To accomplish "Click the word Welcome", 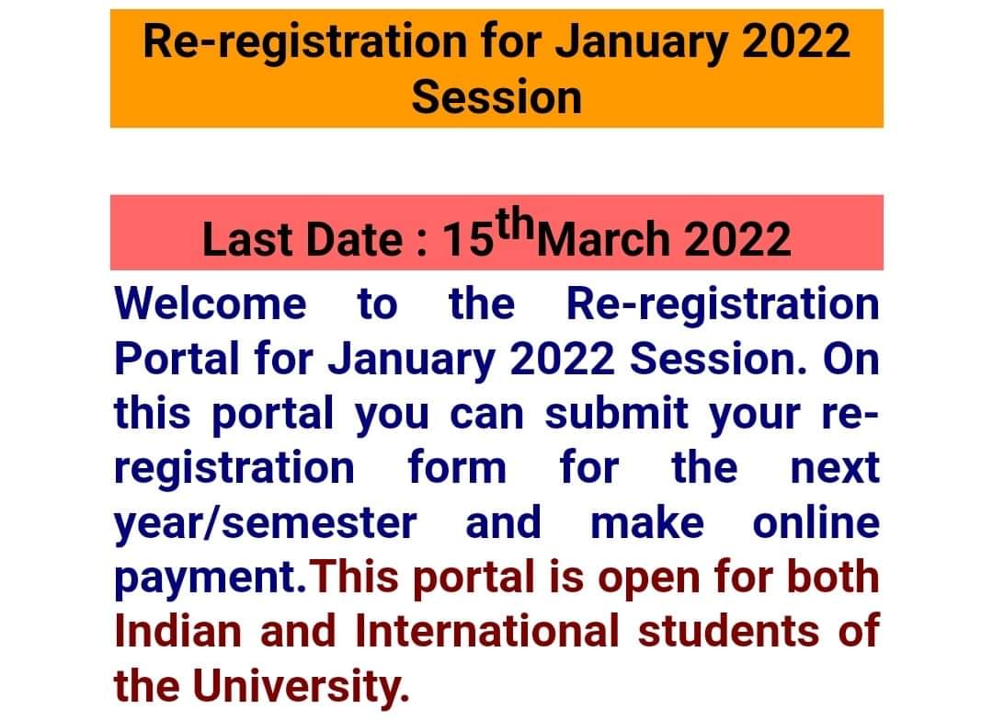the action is (x=211, y=303).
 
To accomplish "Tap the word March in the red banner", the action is (x=605, y=239).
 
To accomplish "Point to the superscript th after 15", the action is (x=515, y=223).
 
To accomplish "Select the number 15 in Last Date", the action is (x=468, y=239).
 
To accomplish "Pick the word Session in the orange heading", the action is (x=497, y=97).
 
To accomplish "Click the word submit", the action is (x=616, y=413).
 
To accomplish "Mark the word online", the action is (x=816, y=522).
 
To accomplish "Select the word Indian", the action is (x=178, y=632).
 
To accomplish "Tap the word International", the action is (x=486, y=632).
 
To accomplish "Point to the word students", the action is (x=728, y=632).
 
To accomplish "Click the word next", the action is (x=835, y=468).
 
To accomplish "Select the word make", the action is (x=647, y=522).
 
